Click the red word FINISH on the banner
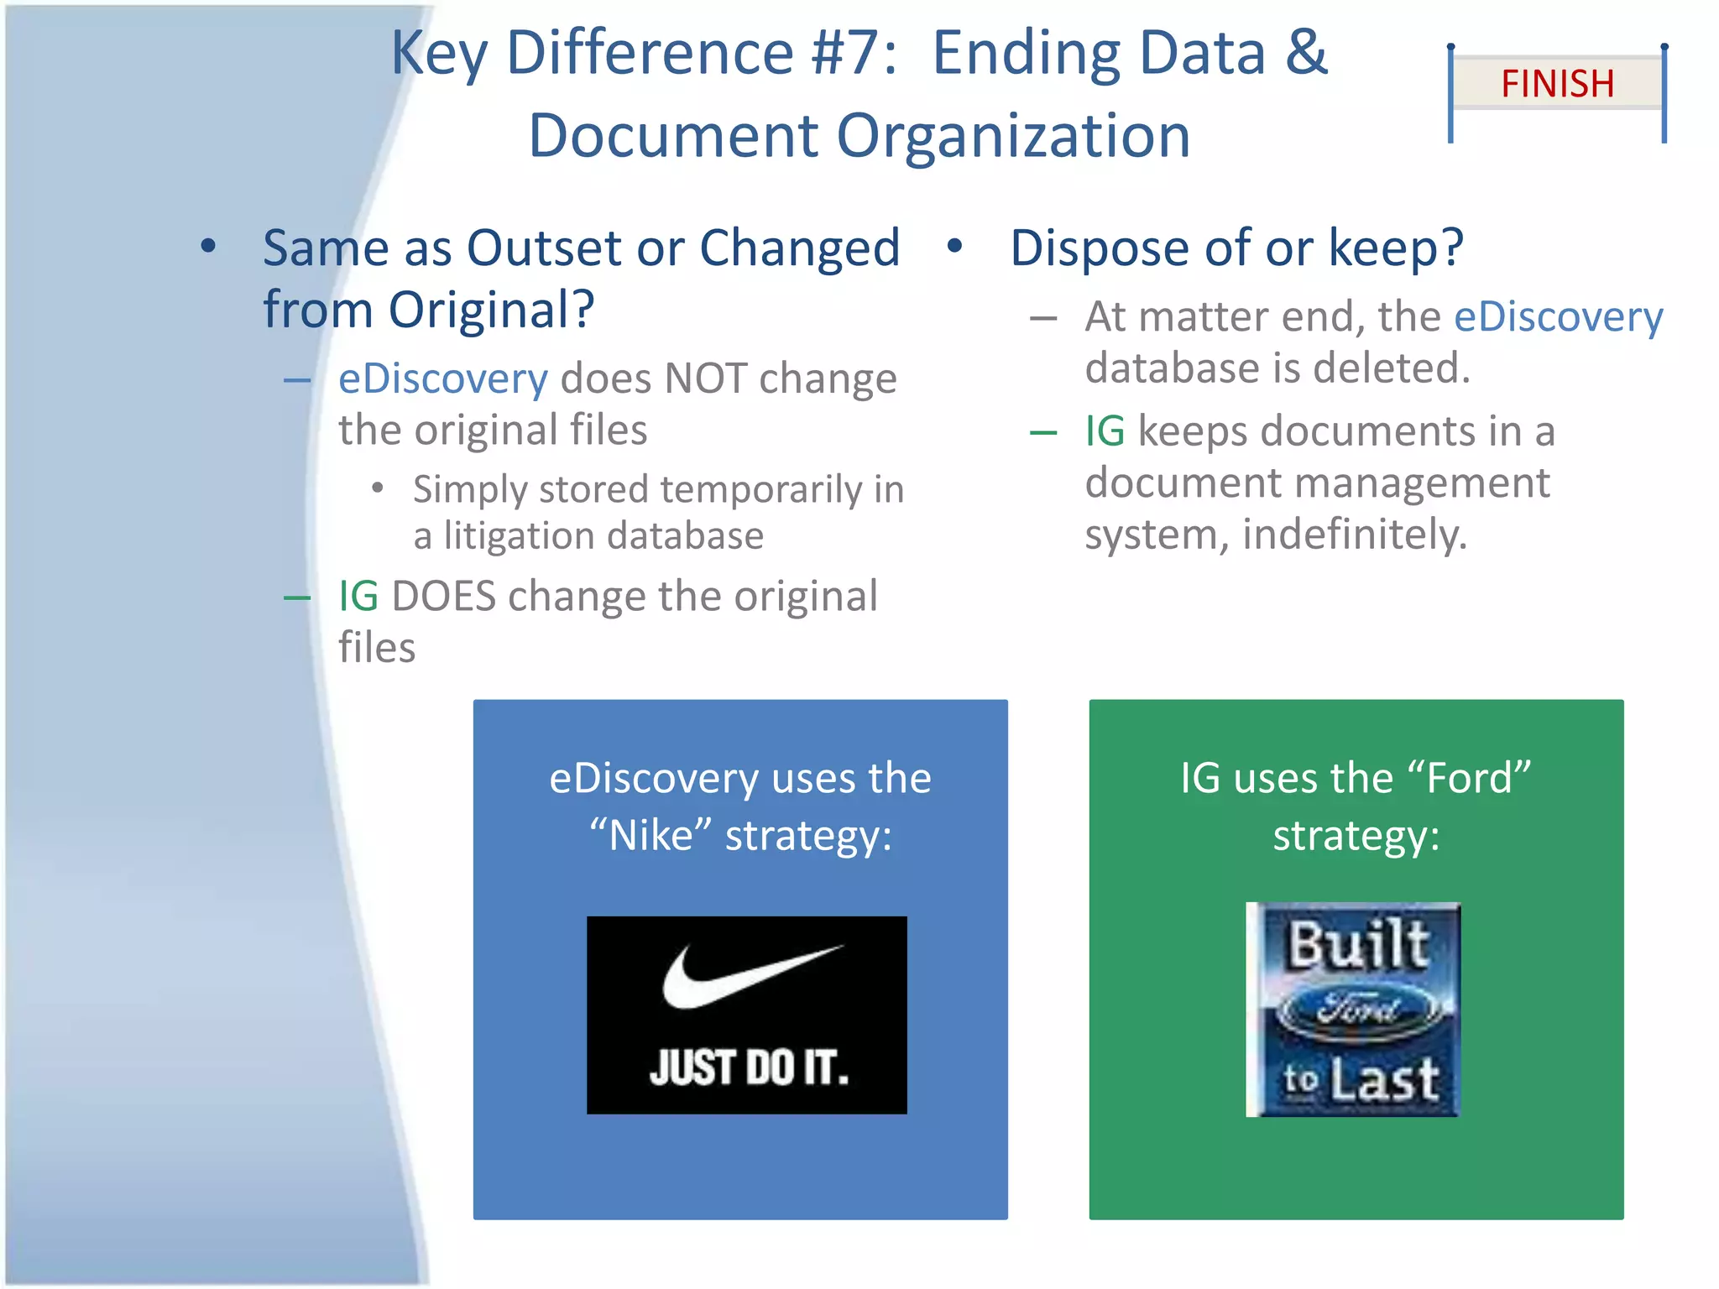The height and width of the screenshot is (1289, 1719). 1557,84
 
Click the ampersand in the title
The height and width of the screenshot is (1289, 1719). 1306,51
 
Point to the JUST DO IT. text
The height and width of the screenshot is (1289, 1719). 748,1068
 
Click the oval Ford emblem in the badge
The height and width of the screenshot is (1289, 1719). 1357,1010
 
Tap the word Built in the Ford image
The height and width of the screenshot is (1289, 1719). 1357,944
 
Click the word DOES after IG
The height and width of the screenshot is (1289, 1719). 443,597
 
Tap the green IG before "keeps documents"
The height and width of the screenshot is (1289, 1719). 1104,431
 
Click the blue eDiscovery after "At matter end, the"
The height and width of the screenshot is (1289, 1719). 1558,317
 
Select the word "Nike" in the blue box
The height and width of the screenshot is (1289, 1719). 650,836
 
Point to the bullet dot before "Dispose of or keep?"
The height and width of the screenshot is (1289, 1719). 954,246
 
